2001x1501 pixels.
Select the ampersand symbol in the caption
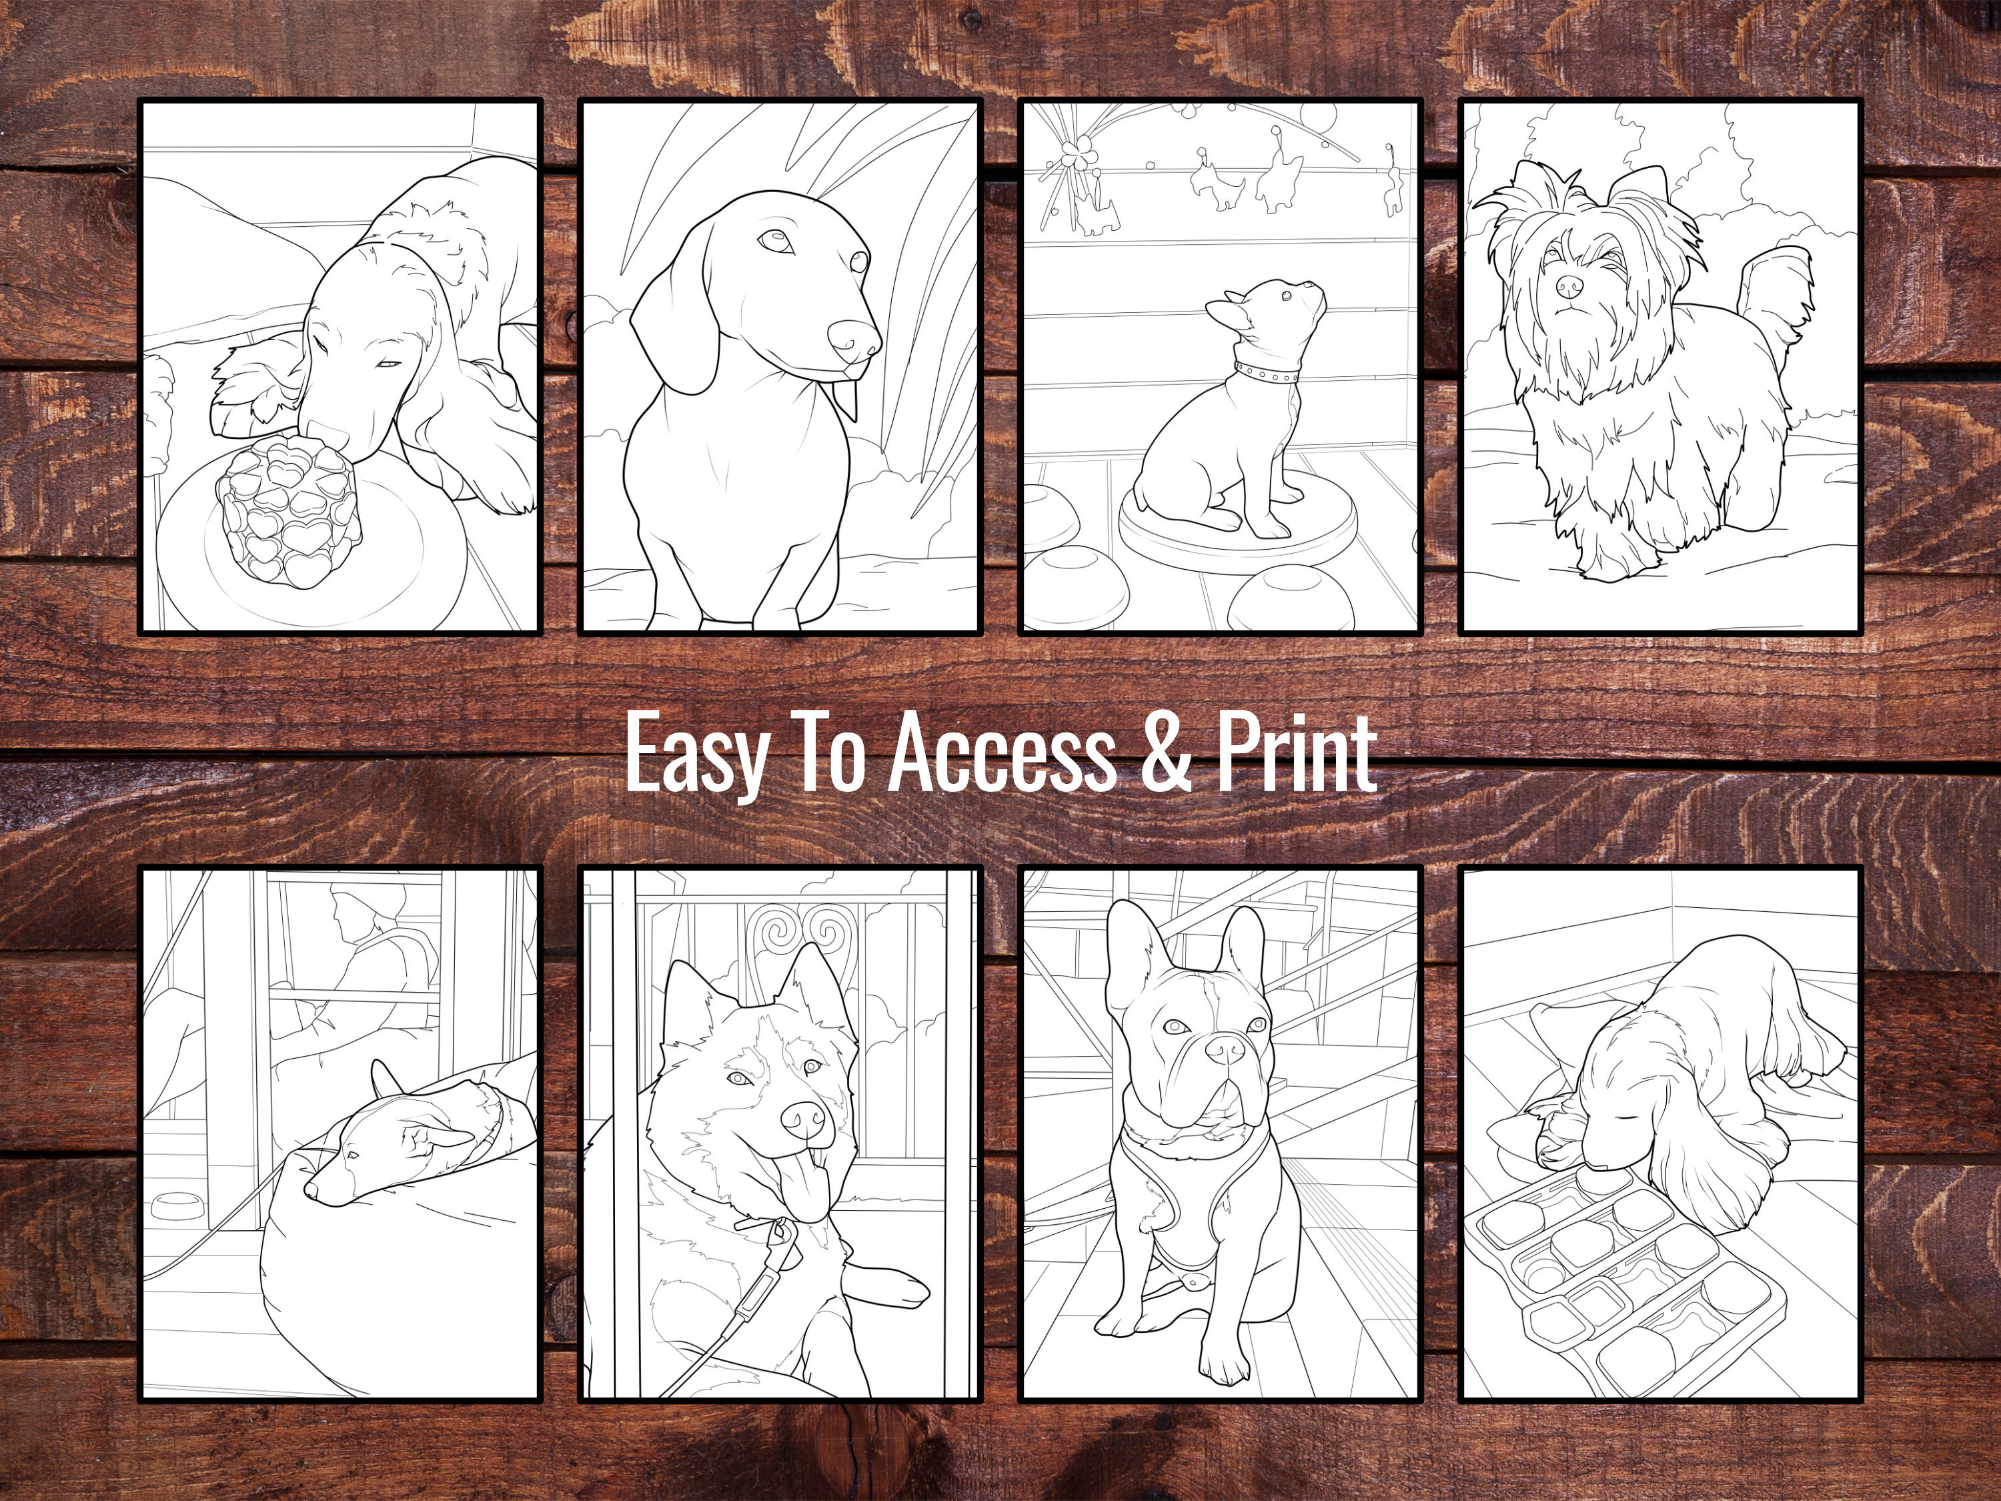click(x=1166, y=753)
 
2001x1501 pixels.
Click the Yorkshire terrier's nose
click(x=1569, y=287)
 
